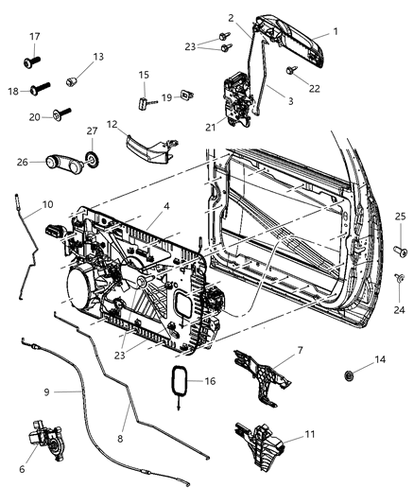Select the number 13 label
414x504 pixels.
pos(98,57)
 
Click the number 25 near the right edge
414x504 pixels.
pos(401,217)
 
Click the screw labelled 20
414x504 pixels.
pos(62,115)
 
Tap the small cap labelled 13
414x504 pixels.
pos(76,81)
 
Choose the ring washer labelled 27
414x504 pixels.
pos(94,157)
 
